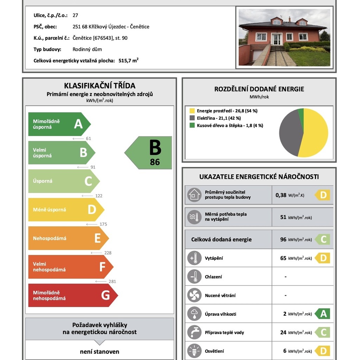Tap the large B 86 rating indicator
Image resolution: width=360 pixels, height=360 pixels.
[x=149, y=153]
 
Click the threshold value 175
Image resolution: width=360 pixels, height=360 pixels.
[x=103, y=224]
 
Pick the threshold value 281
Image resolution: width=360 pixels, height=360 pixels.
[x=112, y=281]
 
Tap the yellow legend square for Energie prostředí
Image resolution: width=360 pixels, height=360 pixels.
[x=192, y=111]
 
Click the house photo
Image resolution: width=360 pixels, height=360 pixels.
[x=284, y=37]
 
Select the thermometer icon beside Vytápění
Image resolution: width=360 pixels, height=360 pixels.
[x=194, y=258]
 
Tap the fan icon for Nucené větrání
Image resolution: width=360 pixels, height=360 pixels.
[x=194, y=295]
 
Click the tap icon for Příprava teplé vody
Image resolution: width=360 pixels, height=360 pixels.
[x=194, y=332]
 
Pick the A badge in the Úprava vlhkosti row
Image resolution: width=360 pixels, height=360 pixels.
[x=323, y=314]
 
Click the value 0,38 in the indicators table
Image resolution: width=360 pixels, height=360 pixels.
[x=281, y=195]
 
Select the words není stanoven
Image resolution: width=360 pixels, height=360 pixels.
[x=99, y=352]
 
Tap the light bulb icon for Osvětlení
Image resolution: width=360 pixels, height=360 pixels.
[x=194, y=351]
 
